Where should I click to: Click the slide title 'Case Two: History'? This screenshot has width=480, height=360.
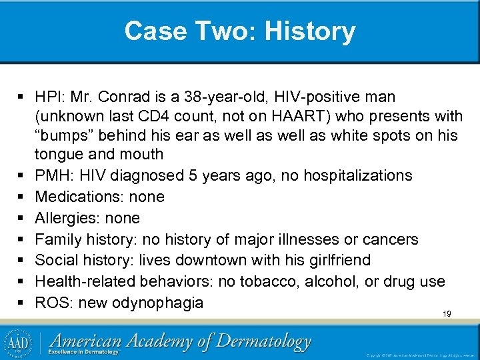tap(240, 31)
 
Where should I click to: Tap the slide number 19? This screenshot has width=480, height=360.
tap(447, 313)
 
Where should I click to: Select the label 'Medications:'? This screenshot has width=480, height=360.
tap(81, 197)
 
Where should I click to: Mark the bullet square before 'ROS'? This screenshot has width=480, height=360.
tap(21, 303)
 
